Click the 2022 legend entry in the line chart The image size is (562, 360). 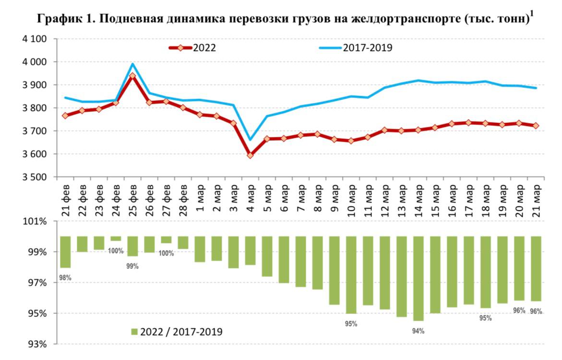coord(193,48)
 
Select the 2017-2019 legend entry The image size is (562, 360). coord(356,48)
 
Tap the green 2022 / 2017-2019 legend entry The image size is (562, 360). coord(177,332)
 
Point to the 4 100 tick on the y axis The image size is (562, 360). coord(35,39)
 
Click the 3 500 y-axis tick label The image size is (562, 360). coord(35,177)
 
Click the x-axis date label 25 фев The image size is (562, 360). coord(132,200)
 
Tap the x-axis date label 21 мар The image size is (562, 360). coord(536,200)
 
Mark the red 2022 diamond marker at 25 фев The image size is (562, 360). coord(132,76)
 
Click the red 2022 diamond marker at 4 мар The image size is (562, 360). coord(250,155)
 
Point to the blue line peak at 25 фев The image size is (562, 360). coord(132,64)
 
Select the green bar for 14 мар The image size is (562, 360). coord(419,278)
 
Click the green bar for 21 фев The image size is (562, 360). coord(65,252)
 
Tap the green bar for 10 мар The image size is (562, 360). coord(351,275)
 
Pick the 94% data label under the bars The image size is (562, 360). coord(419,331)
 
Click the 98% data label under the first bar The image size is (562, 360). coord(65,277)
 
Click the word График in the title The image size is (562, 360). coord(59,18)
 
